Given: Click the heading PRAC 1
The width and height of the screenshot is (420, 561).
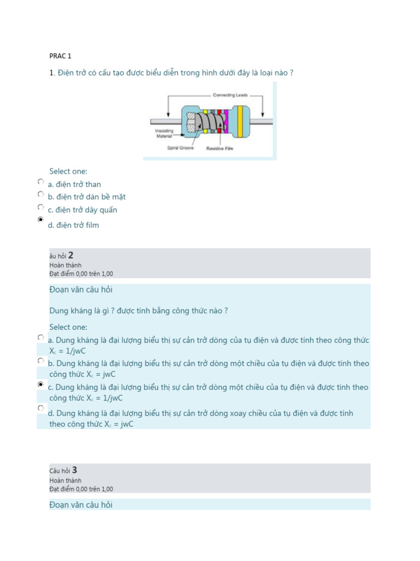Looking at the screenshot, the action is tap(60, 56).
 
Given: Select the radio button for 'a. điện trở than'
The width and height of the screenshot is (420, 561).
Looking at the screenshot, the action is tap(41, 181).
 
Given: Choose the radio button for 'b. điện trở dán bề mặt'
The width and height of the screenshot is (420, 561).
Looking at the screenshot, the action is tap(41, 194).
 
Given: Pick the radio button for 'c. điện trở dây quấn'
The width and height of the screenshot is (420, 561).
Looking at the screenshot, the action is tap(41, 207).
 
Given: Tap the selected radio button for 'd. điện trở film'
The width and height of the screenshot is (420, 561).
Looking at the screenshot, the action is tap(41, 220).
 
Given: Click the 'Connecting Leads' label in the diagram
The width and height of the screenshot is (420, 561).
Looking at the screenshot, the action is tap(230, 95).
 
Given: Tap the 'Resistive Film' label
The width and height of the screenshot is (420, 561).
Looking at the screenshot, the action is tap(220, 148).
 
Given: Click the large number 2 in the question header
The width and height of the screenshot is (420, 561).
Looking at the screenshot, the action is tap(71, 255).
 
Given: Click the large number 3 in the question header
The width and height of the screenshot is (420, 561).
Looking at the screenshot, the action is tap(74, 470).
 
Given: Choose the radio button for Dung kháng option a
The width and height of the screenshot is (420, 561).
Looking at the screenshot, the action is tap(41, 337).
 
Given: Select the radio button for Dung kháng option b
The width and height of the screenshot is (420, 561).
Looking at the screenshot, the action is tap(41, 361).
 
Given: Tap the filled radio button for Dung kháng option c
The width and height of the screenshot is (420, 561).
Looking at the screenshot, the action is tap(41, 385).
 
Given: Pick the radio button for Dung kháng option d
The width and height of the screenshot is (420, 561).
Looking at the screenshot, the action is tap(41, 408).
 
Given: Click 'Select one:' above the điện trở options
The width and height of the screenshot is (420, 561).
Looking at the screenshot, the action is tap(68, 171).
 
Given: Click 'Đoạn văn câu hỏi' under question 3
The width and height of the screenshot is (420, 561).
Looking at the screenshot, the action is tap(81, 505).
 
